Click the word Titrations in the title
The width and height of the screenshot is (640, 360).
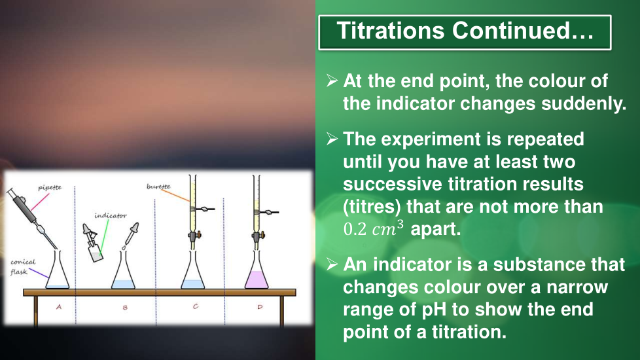(390, 31)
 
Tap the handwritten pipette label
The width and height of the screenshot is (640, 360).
(50, 188)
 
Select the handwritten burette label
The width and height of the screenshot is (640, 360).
(158, 187)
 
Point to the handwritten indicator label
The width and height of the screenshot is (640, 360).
(111, 215)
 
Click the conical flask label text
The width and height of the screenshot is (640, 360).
(23, 267)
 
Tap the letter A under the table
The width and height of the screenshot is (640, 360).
(59, 306)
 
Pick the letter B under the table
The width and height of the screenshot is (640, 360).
(125, 308)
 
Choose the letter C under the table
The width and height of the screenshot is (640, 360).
(196, 306)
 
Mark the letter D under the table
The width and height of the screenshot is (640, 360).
(260, 306)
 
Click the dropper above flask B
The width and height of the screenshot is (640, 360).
(132, 234)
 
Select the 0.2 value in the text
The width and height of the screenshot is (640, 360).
(355, 229)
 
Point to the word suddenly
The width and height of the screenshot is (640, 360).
(584, 103)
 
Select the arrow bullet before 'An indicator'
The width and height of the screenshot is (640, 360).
(332, 264)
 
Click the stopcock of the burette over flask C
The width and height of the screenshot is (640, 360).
(194, 236)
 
